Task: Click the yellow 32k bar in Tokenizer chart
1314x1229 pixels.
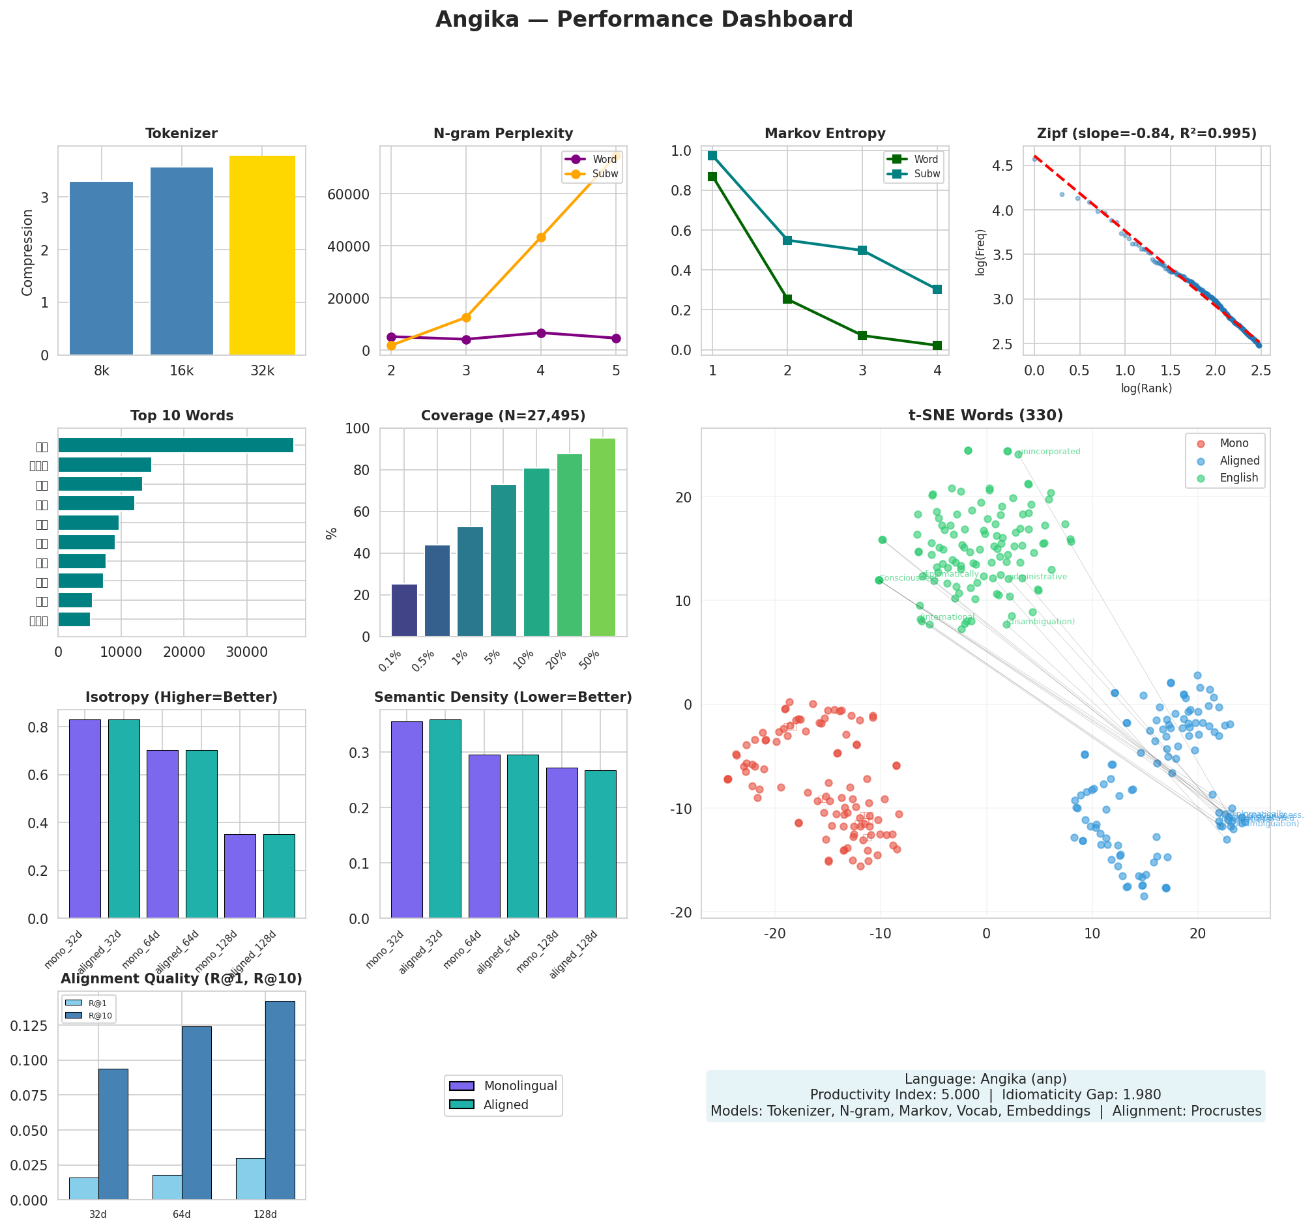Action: pos(262,255)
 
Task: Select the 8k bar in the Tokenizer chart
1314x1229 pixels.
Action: pos(101,268)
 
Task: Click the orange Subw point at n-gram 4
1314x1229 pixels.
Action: pos(541,237)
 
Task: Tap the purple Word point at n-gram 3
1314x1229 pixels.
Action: pos(466,340)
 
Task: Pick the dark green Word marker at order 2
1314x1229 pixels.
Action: pos(787,299)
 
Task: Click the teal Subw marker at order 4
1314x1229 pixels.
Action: pos(937,289)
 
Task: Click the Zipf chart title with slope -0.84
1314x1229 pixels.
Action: pos(1146,134)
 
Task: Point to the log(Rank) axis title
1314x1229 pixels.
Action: pos(1146,388)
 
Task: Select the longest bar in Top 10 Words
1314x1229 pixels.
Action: pos(175,445)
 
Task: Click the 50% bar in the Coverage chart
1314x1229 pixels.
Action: pos(602,537)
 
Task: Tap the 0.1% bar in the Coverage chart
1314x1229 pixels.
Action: pos(404,610)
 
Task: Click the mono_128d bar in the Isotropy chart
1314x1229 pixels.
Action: pos(240,876)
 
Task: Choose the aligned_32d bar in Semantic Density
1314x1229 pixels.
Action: pos(445,818)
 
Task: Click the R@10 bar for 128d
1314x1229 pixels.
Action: pos(280,1099)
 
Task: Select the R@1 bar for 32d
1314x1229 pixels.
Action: pos(84,1188)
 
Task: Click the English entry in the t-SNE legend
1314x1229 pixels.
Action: pos(1238,478)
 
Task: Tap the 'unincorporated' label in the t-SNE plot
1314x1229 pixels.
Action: pos(1049,452)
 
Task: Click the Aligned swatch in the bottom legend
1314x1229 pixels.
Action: pos(461,1105)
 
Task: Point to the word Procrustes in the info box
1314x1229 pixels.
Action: pos(1225,1112)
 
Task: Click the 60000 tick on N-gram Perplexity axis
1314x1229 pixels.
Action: pos(356,194)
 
